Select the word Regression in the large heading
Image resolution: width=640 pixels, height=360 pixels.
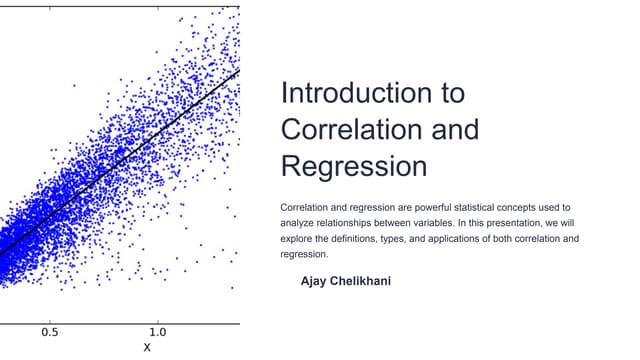point(354,165)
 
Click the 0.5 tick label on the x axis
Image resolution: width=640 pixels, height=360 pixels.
point(49,332)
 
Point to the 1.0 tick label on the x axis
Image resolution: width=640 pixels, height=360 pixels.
point(157,332)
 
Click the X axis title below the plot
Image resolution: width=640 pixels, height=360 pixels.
point(146,348)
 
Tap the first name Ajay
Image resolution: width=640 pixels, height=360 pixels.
point(316,281)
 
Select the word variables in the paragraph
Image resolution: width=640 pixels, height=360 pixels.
point(433,222)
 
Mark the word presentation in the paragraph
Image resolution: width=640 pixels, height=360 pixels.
point(515,222)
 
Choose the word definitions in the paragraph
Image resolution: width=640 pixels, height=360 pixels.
point(356,238)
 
